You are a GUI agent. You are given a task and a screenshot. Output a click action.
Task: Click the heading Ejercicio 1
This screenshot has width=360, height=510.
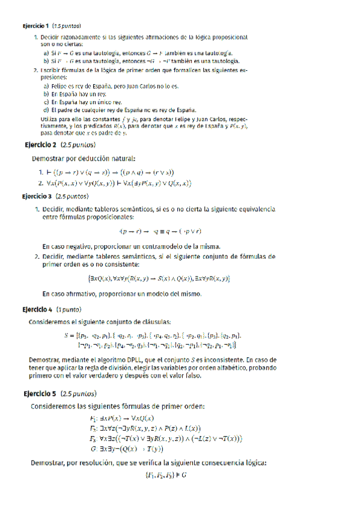point(35,26)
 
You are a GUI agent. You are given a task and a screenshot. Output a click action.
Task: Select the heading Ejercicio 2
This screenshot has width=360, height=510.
point(40,146)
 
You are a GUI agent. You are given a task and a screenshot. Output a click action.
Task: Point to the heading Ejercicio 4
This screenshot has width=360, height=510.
point(37,310)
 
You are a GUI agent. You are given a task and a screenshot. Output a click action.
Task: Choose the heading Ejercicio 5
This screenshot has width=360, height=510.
point(39,394)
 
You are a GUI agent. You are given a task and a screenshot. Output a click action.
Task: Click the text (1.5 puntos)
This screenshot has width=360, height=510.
point(66,26)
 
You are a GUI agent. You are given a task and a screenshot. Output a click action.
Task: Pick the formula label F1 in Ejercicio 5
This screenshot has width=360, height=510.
point(94,419)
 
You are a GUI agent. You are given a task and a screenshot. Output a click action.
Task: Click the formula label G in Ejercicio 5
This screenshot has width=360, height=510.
point(93,449)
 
